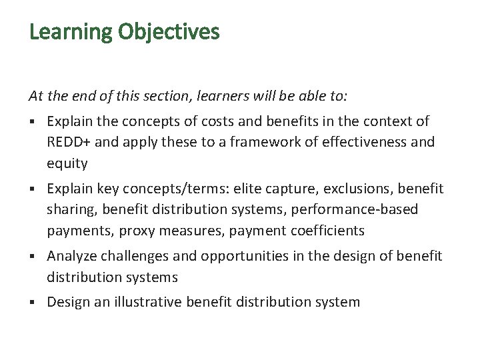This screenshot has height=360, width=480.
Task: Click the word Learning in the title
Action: pos(71,32)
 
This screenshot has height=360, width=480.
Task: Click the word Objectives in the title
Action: pos(169,32)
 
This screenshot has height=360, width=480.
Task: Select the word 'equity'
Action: pos(67,163)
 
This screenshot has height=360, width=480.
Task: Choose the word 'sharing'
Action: pos(69,210)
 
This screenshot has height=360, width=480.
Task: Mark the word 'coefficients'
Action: pos(323,231)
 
